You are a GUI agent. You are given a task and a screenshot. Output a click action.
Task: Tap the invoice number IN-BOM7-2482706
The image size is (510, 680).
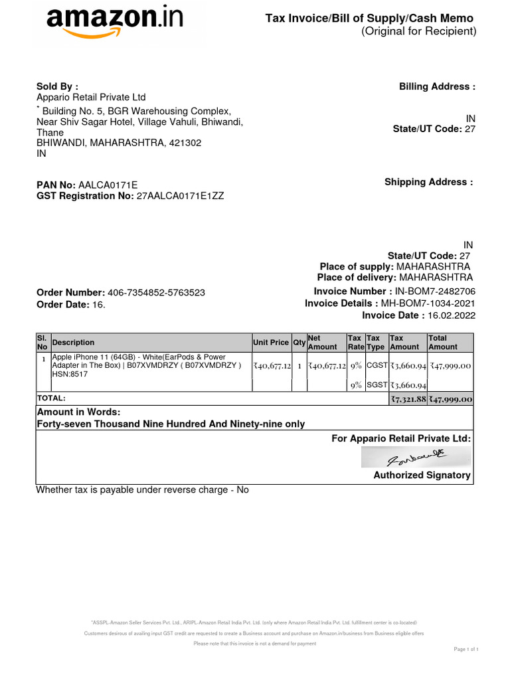435,292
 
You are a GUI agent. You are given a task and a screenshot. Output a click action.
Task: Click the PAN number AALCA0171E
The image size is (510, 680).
108,185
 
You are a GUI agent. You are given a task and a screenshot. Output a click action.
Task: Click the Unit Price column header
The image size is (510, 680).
270,343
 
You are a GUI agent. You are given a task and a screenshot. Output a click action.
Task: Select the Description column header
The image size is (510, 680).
74,343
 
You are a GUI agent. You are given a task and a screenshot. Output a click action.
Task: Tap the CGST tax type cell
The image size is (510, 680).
377,365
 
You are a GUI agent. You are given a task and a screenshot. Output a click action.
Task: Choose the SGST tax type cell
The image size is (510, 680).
377,385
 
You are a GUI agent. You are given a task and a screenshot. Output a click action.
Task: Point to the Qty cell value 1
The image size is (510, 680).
299,366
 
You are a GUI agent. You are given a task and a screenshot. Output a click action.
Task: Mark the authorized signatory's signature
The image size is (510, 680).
416,458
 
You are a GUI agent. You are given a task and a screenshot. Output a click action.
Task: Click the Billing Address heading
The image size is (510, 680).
437,86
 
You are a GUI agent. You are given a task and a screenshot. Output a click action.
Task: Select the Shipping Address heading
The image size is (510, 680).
428,182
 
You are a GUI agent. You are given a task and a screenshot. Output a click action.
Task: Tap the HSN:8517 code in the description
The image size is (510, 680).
70,375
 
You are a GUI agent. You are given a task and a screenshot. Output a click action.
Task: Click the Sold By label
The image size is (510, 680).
57,86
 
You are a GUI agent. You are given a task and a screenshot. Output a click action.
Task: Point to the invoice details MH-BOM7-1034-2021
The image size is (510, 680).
428,303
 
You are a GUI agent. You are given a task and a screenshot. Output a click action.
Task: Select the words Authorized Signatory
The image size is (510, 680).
422,475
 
